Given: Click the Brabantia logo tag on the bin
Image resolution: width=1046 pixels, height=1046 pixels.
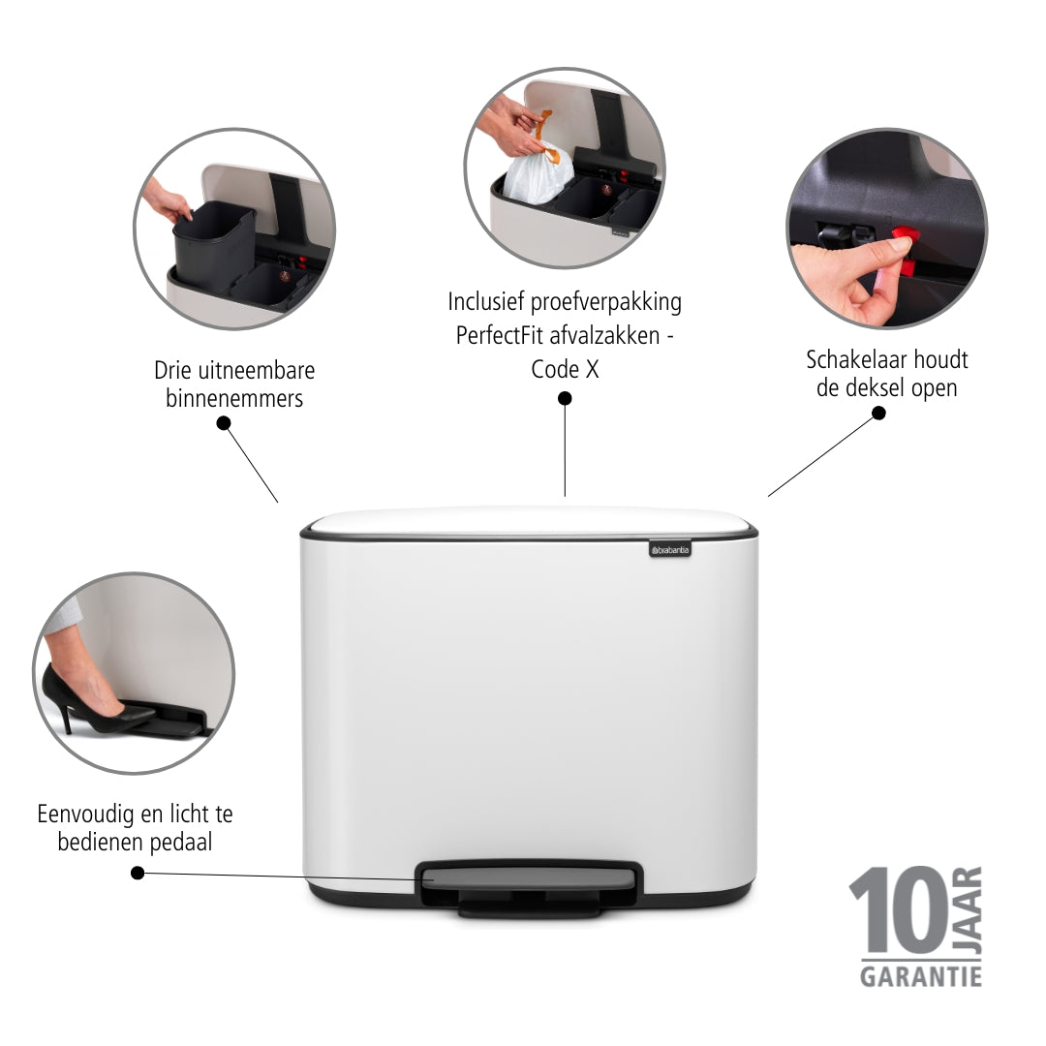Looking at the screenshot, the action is click(x=670, y=549).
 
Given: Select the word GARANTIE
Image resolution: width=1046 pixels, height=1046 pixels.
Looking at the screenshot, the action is click(x=921, y=976).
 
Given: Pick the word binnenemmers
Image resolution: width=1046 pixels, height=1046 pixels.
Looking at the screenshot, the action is click(x=234, y=398).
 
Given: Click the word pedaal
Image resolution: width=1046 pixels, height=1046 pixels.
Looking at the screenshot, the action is click(x=181, y=842).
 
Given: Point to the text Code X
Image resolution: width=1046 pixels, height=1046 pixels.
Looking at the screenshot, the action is click(x=565, y=369).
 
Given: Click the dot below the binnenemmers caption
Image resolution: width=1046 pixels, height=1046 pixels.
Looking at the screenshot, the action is click(x=224, y=423).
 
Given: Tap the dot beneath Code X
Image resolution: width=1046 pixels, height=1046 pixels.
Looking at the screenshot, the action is click(x=565, y=398).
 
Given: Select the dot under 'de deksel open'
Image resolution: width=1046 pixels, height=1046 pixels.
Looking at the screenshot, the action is click(x=879, y=414).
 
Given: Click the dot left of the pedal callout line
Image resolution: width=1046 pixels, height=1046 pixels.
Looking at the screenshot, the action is click(x=138, y=873).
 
